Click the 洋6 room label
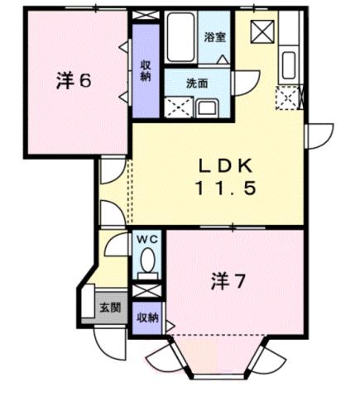(x=73, y=82)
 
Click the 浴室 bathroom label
(x=216, y=37)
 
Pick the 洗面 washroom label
(x=196, y=83)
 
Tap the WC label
(x=146, y=240)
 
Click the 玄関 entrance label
(x=110, y=308)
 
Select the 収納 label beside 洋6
(x=145, y=71)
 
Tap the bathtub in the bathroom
(x=180, y=38)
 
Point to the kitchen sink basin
(x=290, y=64)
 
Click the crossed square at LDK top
(x=263, y=32)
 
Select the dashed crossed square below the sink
(x=289, y=99)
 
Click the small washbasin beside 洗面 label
(x=206, y=106)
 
